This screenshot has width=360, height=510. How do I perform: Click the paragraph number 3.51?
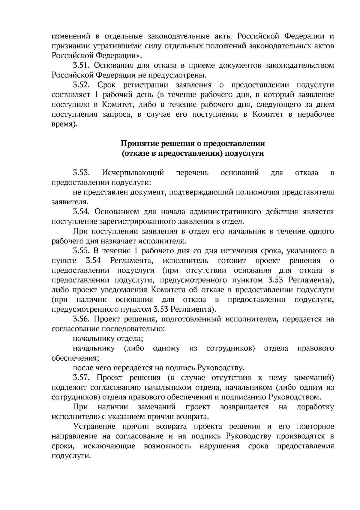(82, 66)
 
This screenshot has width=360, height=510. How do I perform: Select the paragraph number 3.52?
(82, 85)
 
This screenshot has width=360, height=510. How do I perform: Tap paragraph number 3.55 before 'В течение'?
(82, 251)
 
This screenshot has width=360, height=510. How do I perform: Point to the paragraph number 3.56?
(82, 319)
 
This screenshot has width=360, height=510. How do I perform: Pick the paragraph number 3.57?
(82, 378)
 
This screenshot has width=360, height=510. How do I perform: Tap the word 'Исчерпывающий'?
(133, 173)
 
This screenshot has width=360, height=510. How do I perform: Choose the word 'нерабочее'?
(316, 115)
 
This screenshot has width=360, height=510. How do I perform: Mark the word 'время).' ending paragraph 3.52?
(64, 124)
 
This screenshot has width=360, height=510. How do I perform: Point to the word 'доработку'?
(315, 407)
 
